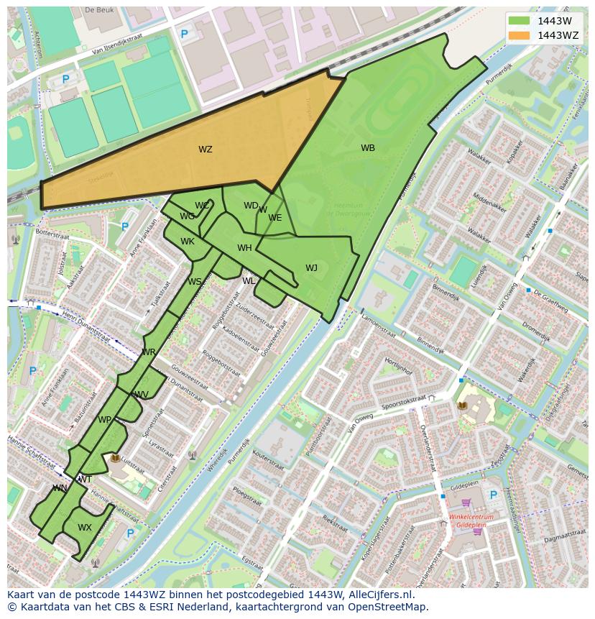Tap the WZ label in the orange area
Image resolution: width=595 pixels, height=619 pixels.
[x=206, y=150]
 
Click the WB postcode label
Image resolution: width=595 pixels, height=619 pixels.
[x=368, y=148]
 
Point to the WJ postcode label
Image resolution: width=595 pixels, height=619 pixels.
[x=311, y=268]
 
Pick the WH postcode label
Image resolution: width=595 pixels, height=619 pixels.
[x=244, y=248]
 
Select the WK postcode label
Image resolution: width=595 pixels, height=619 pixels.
[x=188, y=242]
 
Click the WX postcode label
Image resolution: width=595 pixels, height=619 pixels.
[x=85, y=527]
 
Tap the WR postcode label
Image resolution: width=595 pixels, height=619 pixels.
[x=149, y=352]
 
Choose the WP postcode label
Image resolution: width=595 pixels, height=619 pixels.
[x=105, y=420]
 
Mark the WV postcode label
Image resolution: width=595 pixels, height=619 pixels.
[x=142, y=395]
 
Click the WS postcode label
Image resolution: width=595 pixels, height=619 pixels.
[x=195, y=282]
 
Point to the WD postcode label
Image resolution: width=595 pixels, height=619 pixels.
[x=251, y=206]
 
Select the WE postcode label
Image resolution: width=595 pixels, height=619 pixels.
[x=275, y=218]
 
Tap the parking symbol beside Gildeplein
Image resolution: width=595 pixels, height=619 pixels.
[x=493, y=495]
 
